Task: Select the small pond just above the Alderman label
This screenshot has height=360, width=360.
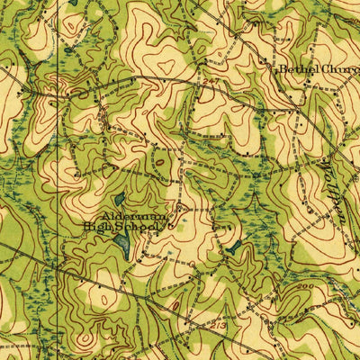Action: pos(120,201)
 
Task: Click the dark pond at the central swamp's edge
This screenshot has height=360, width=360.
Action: pos(233,245)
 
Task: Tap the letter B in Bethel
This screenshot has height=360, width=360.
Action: pos(283,68)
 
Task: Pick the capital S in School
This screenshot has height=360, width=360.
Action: pos(118,229)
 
